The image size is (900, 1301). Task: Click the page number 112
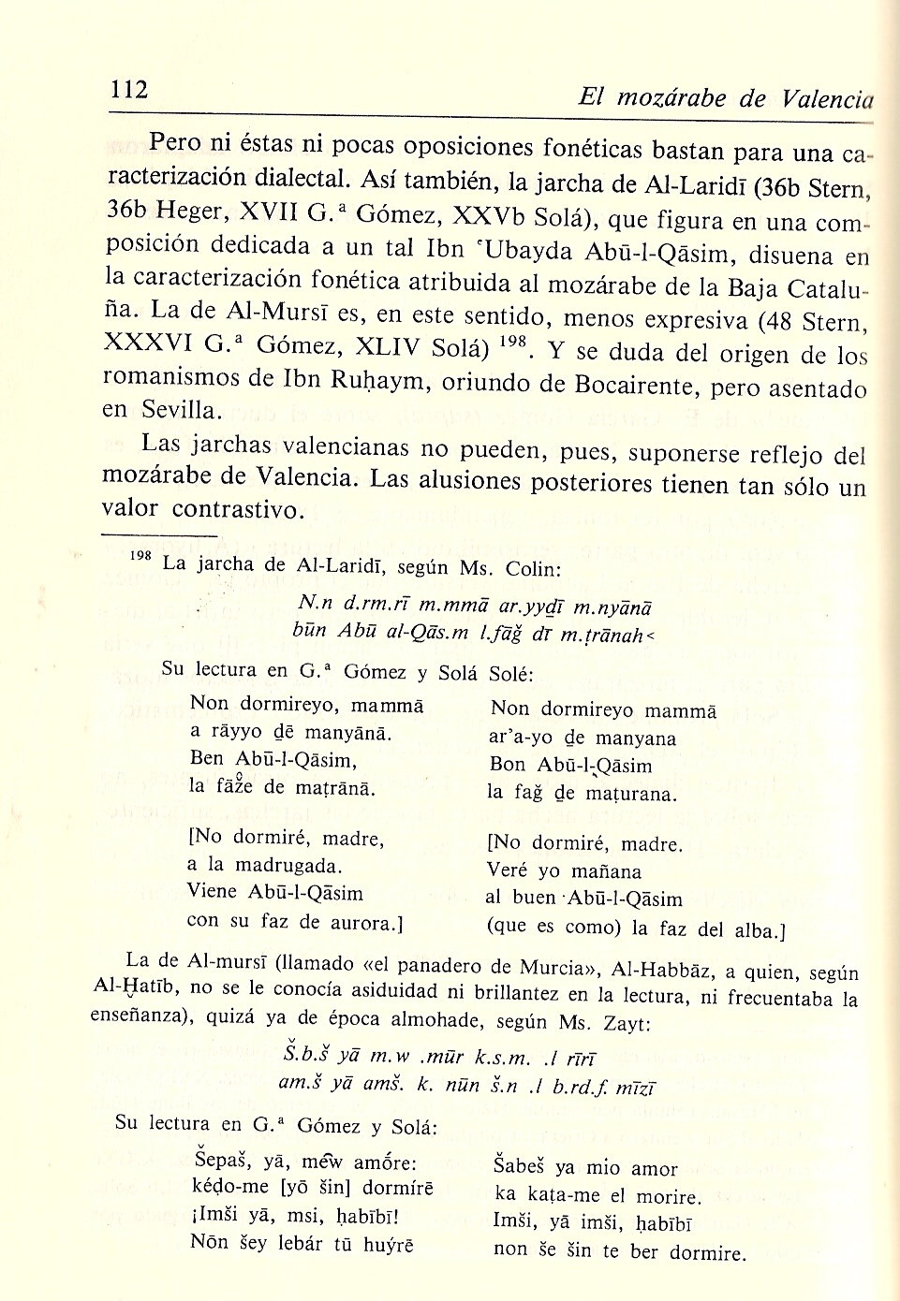[129, 90]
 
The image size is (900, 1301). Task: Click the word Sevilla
[183, 410]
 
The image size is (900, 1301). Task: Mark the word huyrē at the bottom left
[389, 1245]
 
